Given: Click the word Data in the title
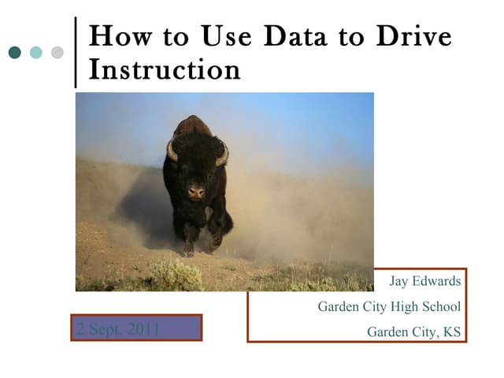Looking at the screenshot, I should pyautogui.click(x=296, y=38).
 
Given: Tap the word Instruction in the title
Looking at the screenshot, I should pyautogui.click(x=165, y=70).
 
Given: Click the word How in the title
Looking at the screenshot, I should pyautogui.click(x=119, y=38).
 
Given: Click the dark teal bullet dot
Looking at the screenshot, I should pyautogui.click(x=15, y=53).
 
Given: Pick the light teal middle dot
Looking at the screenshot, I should pyautogui.click(x=35, y=53).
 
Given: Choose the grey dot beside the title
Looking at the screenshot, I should pyautogui.click(x=57, y=53).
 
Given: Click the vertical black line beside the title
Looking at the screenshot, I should pyautogui.click(x=76, y=52).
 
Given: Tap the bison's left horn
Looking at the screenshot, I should pyautogui.click(x=172, y=152).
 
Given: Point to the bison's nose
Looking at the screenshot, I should pyautogui.click(x=196, y=191).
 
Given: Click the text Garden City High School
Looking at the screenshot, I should pyautogui.click(x=389, y=307).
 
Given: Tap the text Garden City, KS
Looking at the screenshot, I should pyautogui.click(x=413, y=332).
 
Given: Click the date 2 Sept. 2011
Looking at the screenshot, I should pyautogui.click(x=117, y=328).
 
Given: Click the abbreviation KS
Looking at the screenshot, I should pyautogui.click(x=452, y=332).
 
